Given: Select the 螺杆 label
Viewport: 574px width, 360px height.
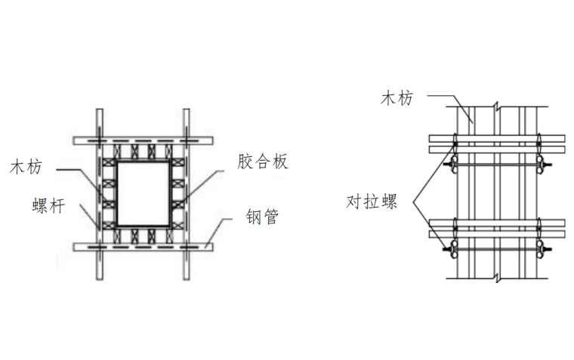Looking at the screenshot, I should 48,205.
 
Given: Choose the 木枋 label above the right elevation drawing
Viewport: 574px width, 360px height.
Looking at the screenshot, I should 397,97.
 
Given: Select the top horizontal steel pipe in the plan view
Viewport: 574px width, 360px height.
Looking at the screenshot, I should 142,140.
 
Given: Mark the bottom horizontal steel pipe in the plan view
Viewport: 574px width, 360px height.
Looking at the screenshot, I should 142,247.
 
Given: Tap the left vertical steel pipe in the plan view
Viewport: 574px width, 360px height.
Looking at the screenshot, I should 98,192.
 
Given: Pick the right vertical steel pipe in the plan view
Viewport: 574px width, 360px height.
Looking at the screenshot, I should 186,192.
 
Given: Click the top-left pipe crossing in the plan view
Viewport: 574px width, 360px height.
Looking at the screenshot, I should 98,140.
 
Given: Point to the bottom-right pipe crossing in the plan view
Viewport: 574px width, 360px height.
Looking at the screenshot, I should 186,247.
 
